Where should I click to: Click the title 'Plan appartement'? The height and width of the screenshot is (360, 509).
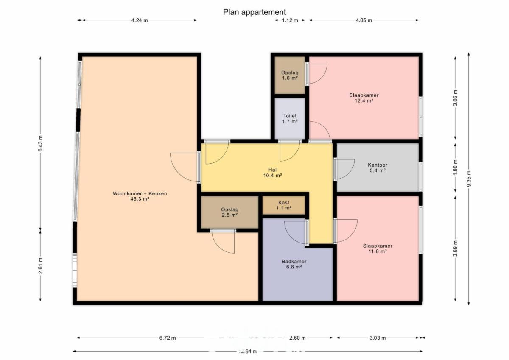point(254,12)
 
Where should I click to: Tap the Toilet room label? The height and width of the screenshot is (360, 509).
point(290,116)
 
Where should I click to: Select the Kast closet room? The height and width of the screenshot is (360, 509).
point(284,205)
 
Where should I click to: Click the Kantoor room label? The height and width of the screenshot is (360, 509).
point(378,165)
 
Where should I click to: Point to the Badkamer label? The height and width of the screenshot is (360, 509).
point(294,262)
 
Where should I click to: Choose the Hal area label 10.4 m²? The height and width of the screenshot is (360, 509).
point(272,176)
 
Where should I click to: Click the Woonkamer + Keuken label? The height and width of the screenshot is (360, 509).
point(140,193)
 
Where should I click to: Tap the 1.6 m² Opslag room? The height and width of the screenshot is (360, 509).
point(290,75)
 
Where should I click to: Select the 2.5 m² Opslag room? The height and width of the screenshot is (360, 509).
point(230,212)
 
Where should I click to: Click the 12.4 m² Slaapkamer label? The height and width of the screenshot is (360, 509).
point(364,95)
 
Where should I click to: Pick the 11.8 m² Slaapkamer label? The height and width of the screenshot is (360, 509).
point(378,246)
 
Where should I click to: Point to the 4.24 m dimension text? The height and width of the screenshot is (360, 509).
point(140,20)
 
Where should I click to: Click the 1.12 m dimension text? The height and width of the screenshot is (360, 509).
point(290,20)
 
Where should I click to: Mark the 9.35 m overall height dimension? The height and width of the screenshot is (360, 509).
point(469,179)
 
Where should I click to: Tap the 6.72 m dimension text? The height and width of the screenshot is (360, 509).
point(168,338)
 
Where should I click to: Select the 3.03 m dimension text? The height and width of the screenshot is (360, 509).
point(378,338)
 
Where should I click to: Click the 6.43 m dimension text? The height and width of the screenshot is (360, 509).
point(40,143)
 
